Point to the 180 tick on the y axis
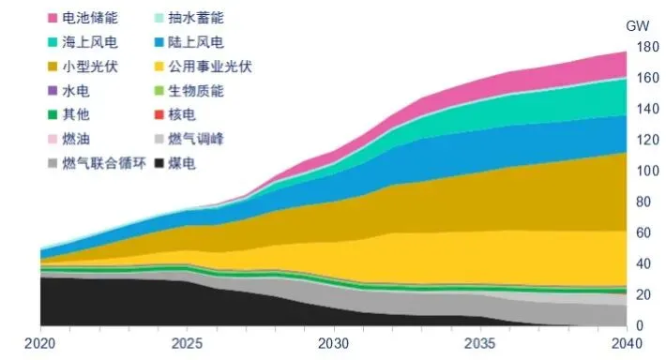tap(645, 47)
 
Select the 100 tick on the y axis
tap(645, 171)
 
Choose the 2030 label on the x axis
tap(334, 342)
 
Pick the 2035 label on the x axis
tap(480, 342)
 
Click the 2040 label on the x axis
tap(627, 342)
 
